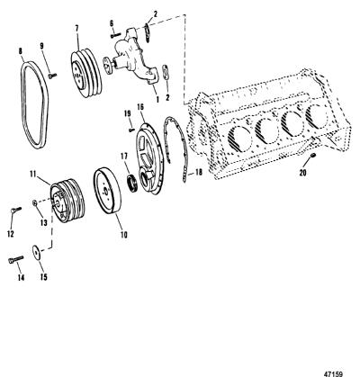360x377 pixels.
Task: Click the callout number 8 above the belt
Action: [x=21, y=51]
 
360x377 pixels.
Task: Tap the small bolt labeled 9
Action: [x=52, y=76]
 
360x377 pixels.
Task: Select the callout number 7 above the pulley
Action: [x=77, y=29]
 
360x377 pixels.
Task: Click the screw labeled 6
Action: [x=115, y=35]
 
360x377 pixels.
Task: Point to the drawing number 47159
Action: [x=333, y=373]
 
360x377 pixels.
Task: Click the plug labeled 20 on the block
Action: [x=312, y=155]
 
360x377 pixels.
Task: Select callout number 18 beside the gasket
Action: [x=199, y=172]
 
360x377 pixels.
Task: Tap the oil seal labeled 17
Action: [x=132, y=184]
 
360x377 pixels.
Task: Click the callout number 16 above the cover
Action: [x=140, y=107]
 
